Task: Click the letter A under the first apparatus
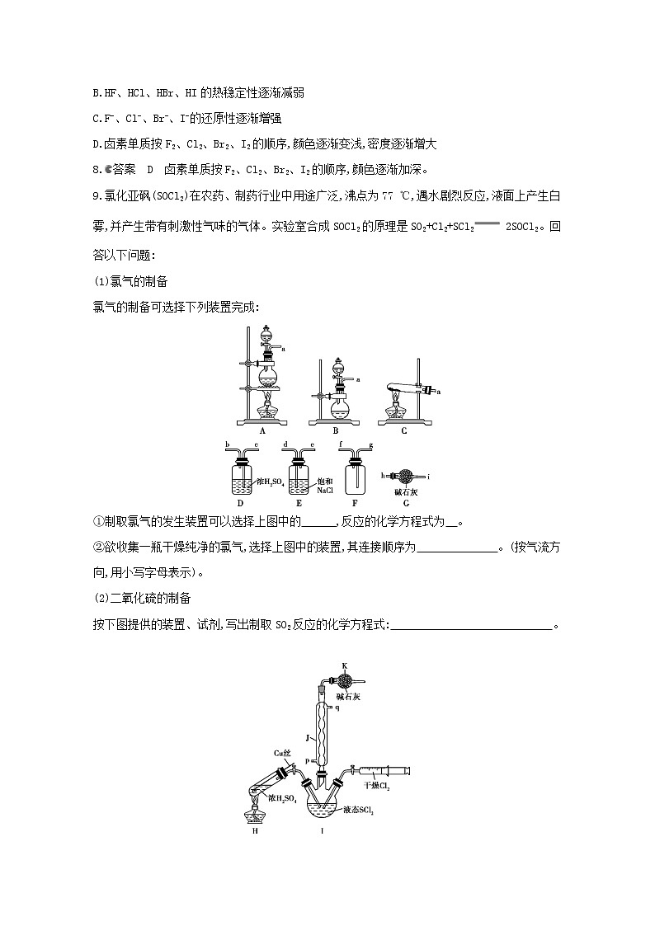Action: [x=262, y=430]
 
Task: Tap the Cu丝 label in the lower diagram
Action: [x=281, y=753]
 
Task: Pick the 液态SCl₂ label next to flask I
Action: [x=360, y=811]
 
